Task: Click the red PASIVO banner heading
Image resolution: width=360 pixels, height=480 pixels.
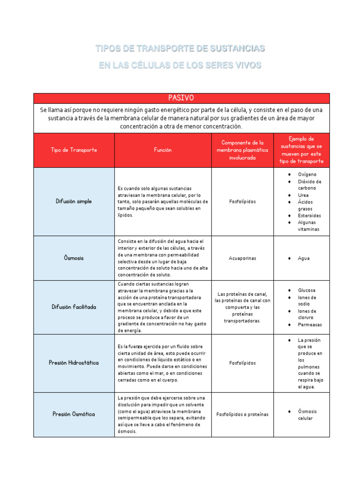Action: [181, 98]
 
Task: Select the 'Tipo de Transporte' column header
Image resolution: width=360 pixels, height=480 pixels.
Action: [74, 150]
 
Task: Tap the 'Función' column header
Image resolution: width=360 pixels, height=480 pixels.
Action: [163, 150]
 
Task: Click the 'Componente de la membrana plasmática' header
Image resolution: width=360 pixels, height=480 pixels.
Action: [242, 150]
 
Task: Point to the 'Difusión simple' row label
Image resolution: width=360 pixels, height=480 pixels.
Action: [74, 201]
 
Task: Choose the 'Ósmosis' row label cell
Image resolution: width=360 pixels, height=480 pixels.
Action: [74, 258]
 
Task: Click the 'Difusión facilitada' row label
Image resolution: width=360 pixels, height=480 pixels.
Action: [74, 307]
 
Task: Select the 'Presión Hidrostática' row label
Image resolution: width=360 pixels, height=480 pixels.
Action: [74, 363]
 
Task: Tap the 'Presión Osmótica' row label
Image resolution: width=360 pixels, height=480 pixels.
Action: [74, 414]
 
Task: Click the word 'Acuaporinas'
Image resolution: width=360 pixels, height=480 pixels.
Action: [242, 258]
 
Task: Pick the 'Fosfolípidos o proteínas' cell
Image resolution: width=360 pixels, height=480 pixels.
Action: [242, 414]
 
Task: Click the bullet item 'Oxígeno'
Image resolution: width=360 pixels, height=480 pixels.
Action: [307, 174]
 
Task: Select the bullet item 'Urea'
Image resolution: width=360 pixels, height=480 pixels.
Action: [303, 195]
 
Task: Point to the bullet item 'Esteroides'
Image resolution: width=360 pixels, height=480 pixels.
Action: [309, 216]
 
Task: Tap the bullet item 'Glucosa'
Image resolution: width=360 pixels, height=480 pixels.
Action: [307, 290]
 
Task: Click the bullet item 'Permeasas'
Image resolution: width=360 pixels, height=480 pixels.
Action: [310, 324]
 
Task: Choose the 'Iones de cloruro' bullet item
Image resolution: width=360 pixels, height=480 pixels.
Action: [307, 314]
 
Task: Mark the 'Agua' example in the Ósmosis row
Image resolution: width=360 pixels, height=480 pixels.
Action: [304, 258]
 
